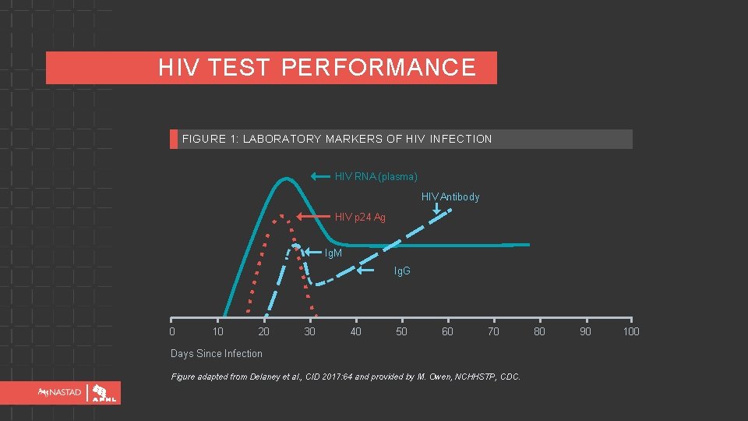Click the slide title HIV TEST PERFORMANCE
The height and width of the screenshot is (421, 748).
point(316,68)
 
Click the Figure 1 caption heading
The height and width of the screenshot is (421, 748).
point(337,139)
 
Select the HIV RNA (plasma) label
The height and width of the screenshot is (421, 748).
point(376,176)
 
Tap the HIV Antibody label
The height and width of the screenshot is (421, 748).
point(450,196)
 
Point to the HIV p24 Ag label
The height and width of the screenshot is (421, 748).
point(360,217)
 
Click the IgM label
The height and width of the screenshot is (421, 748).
point(333,253)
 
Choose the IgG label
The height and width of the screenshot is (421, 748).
point(402,271)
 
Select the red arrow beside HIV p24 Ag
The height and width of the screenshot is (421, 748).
point(314,216)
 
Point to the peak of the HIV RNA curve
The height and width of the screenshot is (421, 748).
point(285,179)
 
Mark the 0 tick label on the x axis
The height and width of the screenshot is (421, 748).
point(172,331)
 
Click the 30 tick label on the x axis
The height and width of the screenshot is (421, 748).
point(310,331)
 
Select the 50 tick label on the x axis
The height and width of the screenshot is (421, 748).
point(401,331)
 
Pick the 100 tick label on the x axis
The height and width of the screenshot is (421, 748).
point(631,331)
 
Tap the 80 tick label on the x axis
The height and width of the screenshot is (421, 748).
point(539,331)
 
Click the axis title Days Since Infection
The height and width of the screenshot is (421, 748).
point(217,353)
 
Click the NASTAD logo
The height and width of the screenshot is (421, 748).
point(55,393)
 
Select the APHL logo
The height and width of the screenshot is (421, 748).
point(105,393)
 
